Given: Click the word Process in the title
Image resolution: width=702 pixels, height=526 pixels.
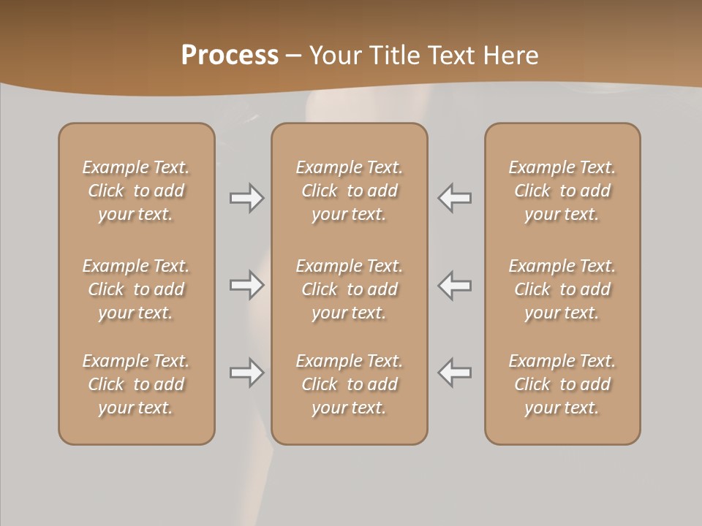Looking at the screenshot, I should pyautogui.click(x=230, y=56).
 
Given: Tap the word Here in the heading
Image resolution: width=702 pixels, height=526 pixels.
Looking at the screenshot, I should pyautogui.click(x=512, y=56).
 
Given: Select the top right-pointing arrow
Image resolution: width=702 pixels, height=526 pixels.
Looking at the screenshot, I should pyautogui.click(x=246, y=198).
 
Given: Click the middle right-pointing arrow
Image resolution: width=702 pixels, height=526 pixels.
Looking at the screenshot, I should pyautogui.click(x=246, y=285).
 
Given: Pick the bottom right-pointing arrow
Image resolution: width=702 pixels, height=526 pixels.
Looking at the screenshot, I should pyautogui.click(x=246, y=373).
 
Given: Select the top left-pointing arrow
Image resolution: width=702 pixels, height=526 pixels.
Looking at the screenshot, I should pyautogui.click(x=455, y=198).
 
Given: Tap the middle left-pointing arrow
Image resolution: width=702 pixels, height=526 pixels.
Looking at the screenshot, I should pyautogui.click(x=455, y=285).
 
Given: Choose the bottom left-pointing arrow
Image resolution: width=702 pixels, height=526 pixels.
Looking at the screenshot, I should pyautogui.click(x=455, y=373).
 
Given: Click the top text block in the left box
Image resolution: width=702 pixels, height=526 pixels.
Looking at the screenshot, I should pyautogui.click(x=136, y=191).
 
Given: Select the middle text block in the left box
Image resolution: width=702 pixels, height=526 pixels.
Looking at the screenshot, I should pyautogui.click(x=136, y=289).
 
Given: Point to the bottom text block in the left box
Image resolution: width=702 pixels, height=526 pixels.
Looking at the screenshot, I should pyautogui.click(x=136, y=384).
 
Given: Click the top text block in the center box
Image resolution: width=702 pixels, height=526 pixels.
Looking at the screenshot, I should pyautogui.click(x=349, y=191).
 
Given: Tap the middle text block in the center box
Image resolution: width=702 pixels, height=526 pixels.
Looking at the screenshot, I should pyautogui.click(x=349, y=289).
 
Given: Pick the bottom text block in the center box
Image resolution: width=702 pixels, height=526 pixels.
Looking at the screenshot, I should pyautogui.click(x=349, y=384).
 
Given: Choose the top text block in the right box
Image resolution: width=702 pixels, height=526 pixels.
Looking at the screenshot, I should pyautogui.click(x=562, y=191).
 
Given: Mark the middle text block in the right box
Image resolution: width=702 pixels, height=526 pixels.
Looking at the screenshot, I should pyautogui.click(x=562, y=289).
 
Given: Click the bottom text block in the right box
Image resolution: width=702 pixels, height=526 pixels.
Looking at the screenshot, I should pyautogui.click(x=562, y=384).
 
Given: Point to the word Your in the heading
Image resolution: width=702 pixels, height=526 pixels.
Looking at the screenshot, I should pyautogui.click(x=335, y=56).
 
